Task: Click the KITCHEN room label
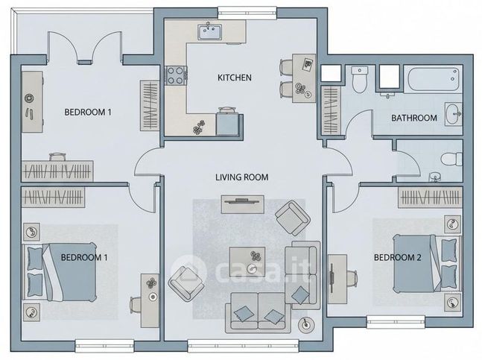click(x=234, y=78)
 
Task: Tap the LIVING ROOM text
click(x=241, y=177)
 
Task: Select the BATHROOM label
click(x=413, y=119)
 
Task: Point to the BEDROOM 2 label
click(x=397, y=258)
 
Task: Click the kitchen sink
click(x=209, y=32)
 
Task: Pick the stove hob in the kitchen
click(x=177, y=75)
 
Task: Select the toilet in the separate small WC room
click(x=450, y=159)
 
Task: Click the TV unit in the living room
click(x=242, y=200)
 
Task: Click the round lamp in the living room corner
click(x=306, y=324)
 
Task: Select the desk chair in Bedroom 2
click(x=349, y=280)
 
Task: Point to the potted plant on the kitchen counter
click(x=199, y=127)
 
